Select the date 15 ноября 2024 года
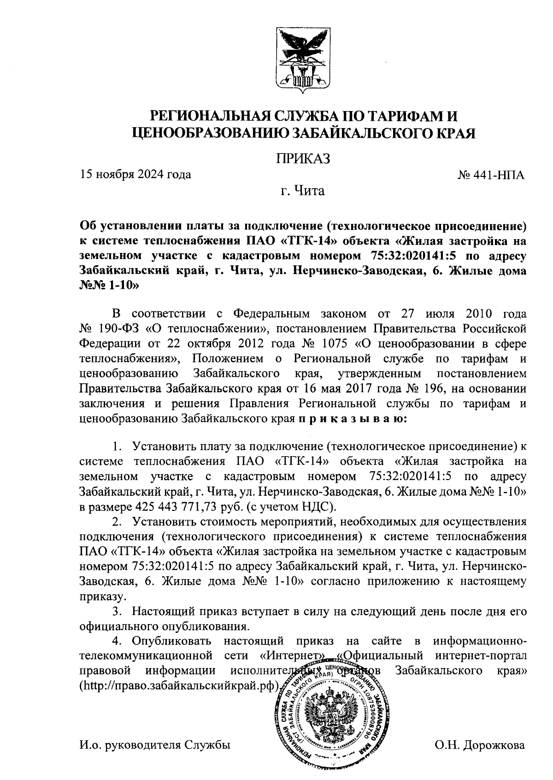135,175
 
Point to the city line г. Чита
303,190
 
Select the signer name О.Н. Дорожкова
479,745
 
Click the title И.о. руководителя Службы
155,745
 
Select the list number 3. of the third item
118,612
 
